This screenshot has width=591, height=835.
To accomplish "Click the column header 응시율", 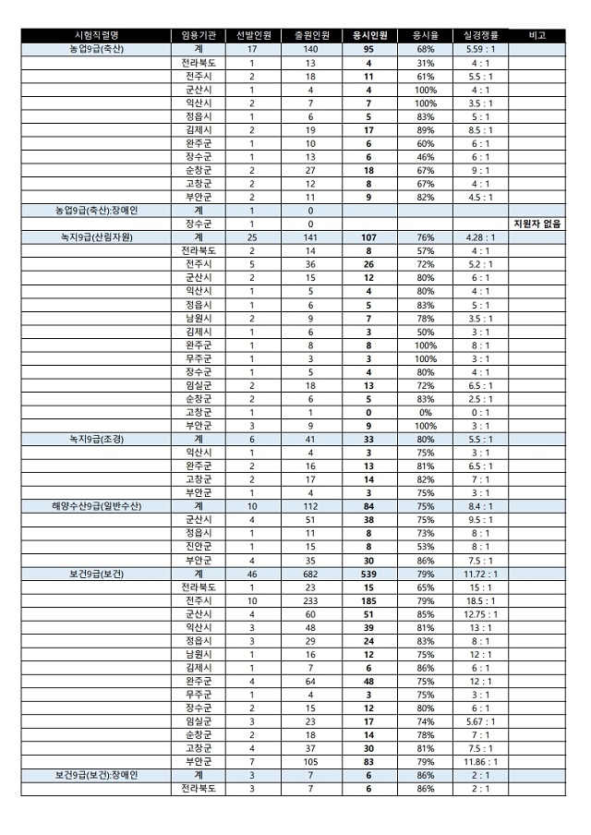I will point(425,35).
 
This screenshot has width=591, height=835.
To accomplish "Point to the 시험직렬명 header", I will point(96,35).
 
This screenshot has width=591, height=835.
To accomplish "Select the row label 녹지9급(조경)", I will point(96,439).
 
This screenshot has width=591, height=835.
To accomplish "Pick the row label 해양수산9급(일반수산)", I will point(96,506).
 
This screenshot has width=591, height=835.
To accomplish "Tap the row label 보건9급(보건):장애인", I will point(96,775).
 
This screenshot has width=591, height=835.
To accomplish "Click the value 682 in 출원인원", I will point(310,574).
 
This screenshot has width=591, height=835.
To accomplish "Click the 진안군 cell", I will point(199,547).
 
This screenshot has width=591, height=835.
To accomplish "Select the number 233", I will point(310,600).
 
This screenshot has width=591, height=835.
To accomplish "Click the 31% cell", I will point(425,62).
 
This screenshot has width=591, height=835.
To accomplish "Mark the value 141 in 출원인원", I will point(310,236).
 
